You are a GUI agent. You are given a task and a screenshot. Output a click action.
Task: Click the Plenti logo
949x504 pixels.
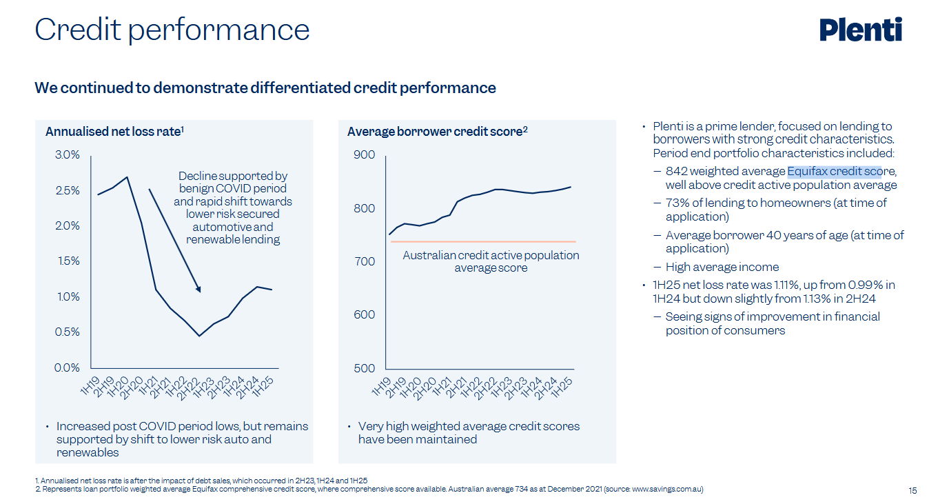(860, 30)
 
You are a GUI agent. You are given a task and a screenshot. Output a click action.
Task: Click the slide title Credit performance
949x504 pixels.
(172, 30)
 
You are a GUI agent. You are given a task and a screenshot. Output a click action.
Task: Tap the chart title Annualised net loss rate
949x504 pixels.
(114, 131)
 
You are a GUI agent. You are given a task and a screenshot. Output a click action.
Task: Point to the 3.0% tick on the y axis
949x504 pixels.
(67, 154)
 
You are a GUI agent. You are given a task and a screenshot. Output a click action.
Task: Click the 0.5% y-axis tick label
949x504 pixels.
(67, 332)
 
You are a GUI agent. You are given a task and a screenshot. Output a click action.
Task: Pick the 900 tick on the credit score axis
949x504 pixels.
(365, 154)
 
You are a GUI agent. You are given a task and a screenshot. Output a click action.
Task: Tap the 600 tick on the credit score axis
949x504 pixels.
(365, 314)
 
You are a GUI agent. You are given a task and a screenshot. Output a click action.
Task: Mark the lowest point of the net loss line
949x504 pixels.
(199, 336)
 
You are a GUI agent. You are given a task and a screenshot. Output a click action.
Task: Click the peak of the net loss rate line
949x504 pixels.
(127, 177)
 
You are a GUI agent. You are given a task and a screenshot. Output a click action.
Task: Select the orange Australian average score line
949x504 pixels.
(482, 241)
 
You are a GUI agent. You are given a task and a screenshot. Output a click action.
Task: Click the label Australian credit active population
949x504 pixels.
(491, 255)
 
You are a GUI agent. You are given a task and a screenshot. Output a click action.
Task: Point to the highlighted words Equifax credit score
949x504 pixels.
(835, 171)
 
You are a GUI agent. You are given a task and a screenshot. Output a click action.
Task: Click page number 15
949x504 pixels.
(912, 491)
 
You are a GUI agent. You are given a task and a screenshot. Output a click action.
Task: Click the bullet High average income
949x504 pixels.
(722, 267)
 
